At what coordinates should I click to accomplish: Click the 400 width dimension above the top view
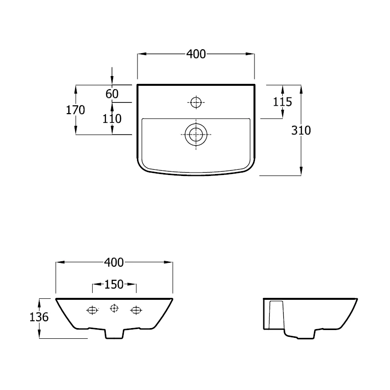click(x=196, y=54)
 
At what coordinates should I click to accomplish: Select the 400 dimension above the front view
click(x=114, y=262)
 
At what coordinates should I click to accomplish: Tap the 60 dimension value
click(x=112, y=94)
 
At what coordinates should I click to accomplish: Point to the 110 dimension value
click(x=112, y=118)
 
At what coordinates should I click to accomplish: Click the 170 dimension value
click(x=76, y=110)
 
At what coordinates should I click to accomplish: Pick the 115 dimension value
click(x=283, y=102)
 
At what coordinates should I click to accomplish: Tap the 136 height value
click(x=39, y=317)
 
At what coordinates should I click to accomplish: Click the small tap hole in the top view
click(x=196, y=102)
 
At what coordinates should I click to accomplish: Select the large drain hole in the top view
click(x=196, y=133)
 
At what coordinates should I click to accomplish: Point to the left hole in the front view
click(x=92, y=310)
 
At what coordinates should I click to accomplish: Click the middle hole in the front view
click(x=114, y=308)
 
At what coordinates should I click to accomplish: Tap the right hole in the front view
click(x=136, y=310)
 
